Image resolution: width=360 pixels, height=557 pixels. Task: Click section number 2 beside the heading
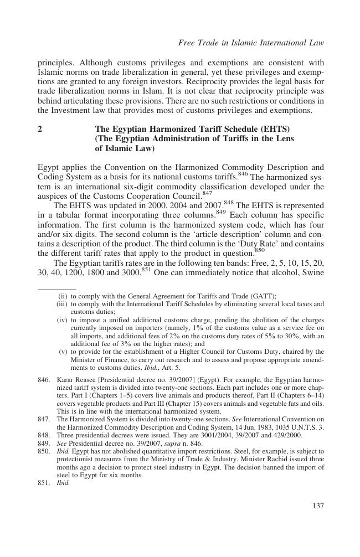[x=40, y=129]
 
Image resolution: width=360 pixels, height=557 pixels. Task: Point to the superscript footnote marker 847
[x=207, y=194]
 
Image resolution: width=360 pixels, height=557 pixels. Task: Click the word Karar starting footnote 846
[x=66, y=380]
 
